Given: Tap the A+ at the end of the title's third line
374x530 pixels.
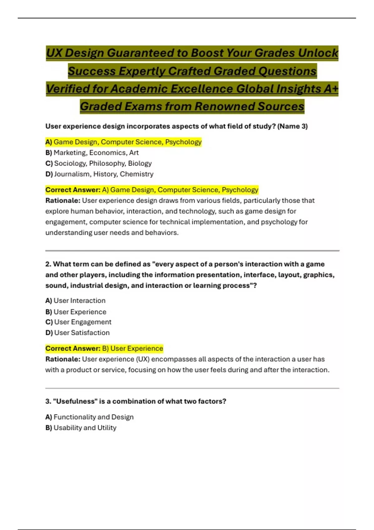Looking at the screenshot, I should coord(331,89).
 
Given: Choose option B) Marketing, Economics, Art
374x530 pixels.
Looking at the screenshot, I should coord(92,153).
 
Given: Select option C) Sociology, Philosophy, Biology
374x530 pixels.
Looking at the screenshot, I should coord(98,163).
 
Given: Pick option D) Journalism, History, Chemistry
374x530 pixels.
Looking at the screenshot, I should coord(99,174).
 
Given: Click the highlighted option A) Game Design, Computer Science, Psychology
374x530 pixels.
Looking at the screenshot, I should coord(123,142).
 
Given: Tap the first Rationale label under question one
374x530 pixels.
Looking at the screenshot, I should coord(63,200).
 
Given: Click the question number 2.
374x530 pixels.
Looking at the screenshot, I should coord(48,264).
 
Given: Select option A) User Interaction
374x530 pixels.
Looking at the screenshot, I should coord(75,301).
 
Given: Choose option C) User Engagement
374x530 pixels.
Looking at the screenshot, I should coord(78,322).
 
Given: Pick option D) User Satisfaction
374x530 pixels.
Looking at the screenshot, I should coord(78,333).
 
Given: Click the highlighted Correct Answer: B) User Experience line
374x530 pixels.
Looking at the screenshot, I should coord(104,349).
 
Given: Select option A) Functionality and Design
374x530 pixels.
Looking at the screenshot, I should coord(89,417).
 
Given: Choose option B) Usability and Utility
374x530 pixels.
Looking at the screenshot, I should coord(81,428).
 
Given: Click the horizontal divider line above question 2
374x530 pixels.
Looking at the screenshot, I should coord(192,250).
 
